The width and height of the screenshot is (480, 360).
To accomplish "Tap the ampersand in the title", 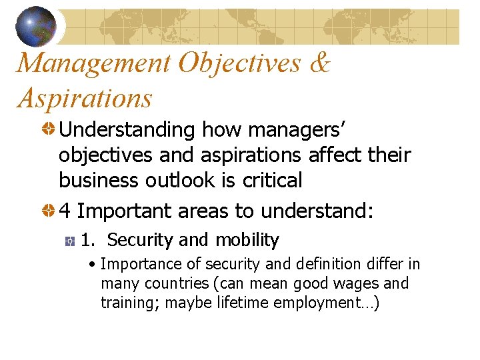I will [x=320, y=63].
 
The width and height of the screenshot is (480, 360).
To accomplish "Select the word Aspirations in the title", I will [x=85, y=98].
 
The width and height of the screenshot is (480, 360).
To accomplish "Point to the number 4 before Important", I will [x=65, y=211].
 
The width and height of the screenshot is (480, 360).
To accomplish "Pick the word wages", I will [x=357, y=283].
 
